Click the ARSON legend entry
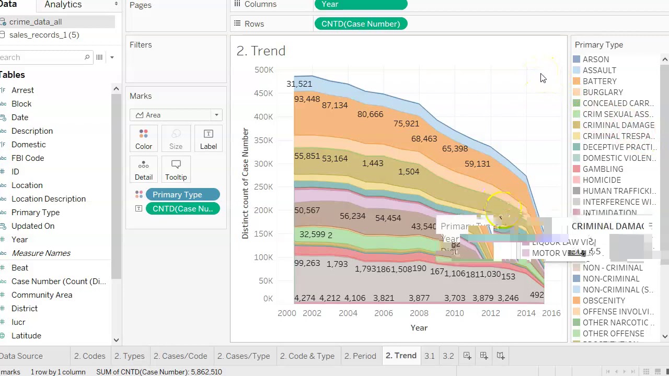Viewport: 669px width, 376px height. tap(595, 60)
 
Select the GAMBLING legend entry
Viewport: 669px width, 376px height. tap(603, 169)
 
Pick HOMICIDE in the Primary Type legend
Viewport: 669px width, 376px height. tap(602, 180)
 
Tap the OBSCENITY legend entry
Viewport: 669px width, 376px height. tap(604, 301)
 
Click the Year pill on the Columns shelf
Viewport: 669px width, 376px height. tap(361, 5)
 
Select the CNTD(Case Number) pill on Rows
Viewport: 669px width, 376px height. tap(361, 24)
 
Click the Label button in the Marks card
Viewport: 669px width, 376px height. tap(208, 139)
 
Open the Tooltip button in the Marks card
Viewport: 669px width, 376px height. tap(176, 170)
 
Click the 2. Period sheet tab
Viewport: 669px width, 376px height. tap(360, 356)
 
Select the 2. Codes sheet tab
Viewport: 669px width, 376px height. tap(89, 356)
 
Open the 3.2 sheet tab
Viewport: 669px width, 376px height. tap(448, 356)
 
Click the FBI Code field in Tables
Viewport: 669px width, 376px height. tap(28, 158)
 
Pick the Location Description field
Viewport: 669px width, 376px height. tap(49, 199)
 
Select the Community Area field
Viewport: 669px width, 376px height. tap(42, 295)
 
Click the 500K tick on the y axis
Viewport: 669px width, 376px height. tap(263, 70)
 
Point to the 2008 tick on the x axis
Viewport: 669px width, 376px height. tap(419, 313)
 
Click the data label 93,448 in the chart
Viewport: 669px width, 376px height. tap(307, 99)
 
